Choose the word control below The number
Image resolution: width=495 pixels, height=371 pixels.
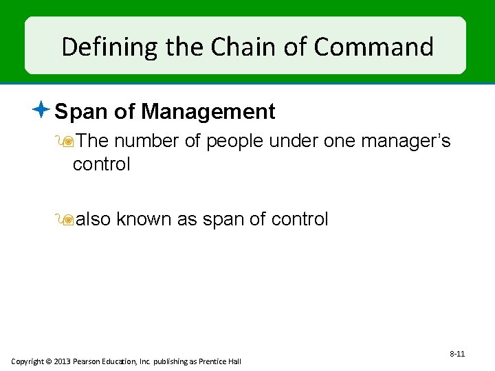point(101,164)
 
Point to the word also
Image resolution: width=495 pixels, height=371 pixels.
point(93,219)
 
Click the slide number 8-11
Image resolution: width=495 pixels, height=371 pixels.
point(457,354)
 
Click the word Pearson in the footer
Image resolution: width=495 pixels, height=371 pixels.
point(91,361)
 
